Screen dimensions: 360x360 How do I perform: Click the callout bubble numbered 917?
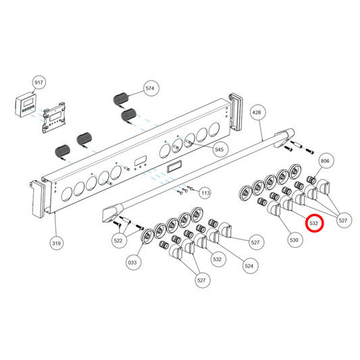pos(38,82)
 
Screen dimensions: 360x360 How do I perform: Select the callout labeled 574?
pos(150,88)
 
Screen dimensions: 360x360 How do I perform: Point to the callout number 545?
pos(219,149)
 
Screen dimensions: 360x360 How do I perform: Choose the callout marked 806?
pos(325,161)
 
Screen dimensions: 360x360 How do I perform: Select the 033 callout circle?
pos(133,261)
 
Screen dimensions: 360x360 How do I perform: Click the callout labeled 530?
pos(294,239)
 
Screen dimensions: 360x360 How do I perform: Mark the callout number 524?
pos(249,267)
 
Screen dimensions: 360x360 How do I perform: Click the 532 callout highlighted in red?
pos(314,222)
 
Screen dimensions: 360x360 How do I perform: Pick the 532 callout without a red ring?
pos(217,259)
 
